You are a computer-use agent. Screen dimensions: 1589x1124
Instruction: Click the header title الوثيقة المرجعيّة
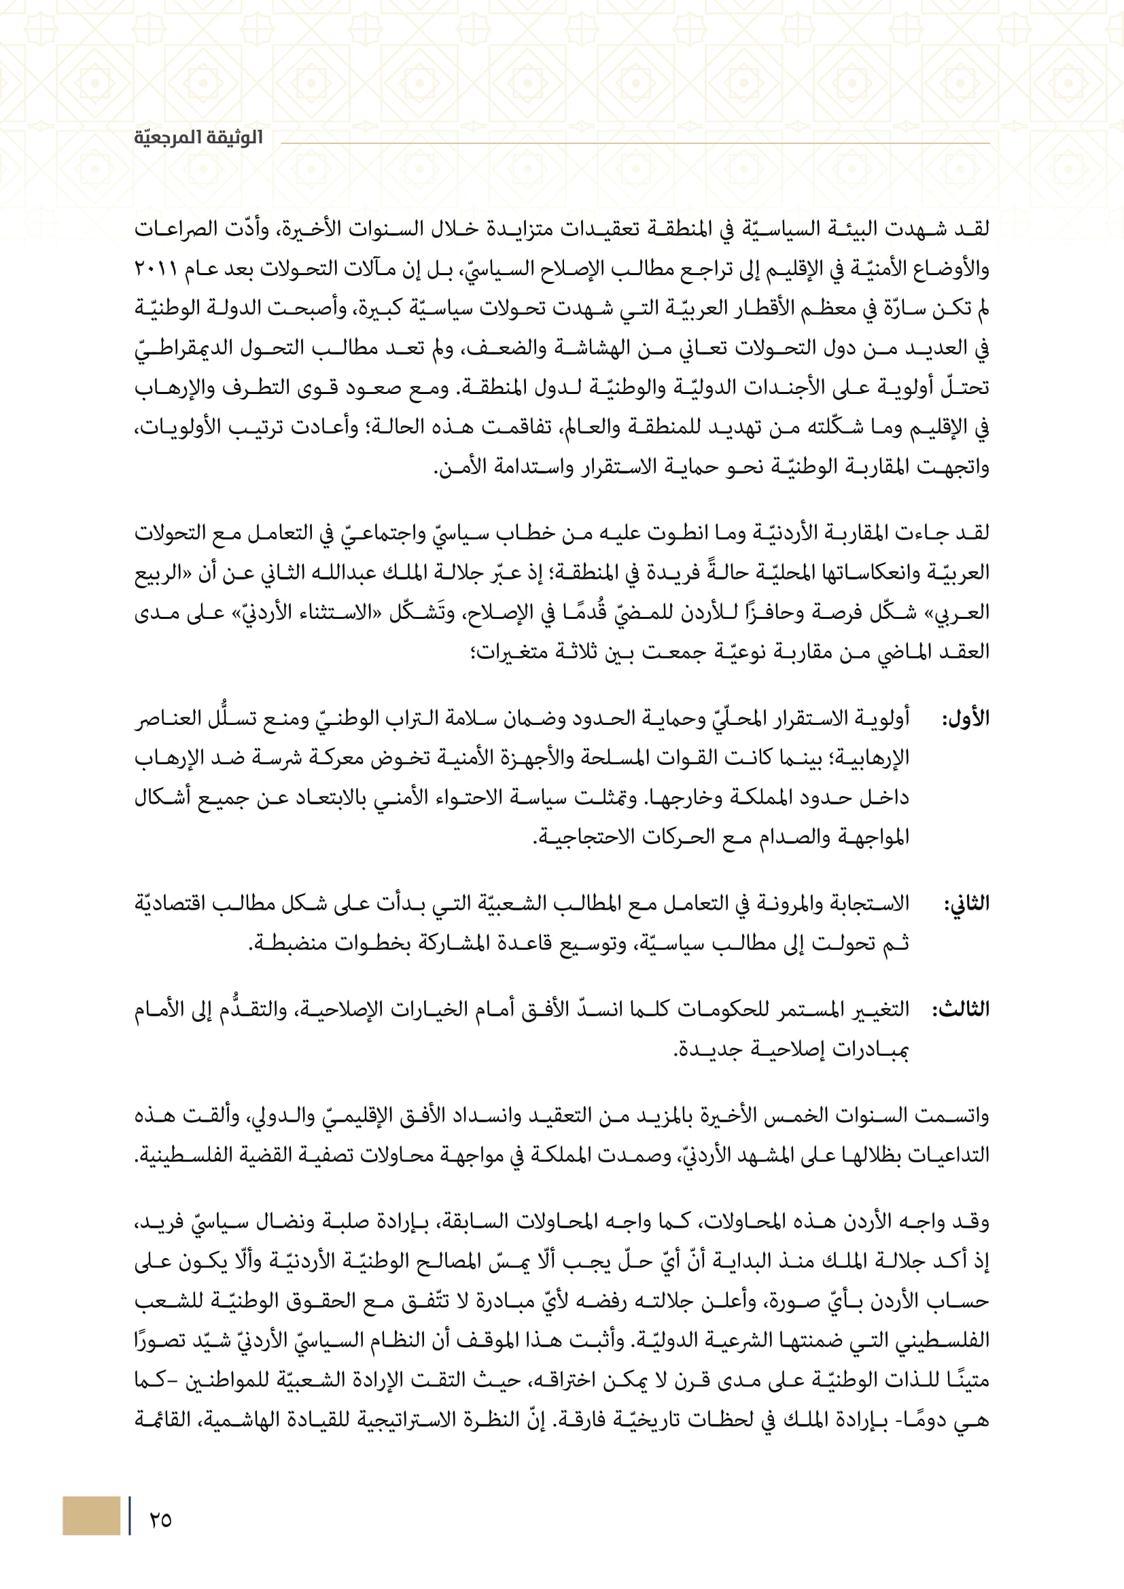198,138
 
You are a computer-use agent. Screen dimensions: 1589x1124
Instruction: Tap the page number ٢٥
160,1519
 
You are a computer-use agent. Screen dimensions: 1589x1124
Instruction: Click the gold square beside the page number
91,1516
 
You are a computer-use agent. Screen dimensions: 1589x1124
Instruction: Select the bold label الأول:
965,718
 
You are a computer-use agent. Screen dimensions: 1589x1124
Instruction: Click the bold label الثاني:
966,904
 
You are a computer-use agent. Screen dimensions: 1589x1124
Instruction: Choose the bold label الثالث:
961,1010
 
